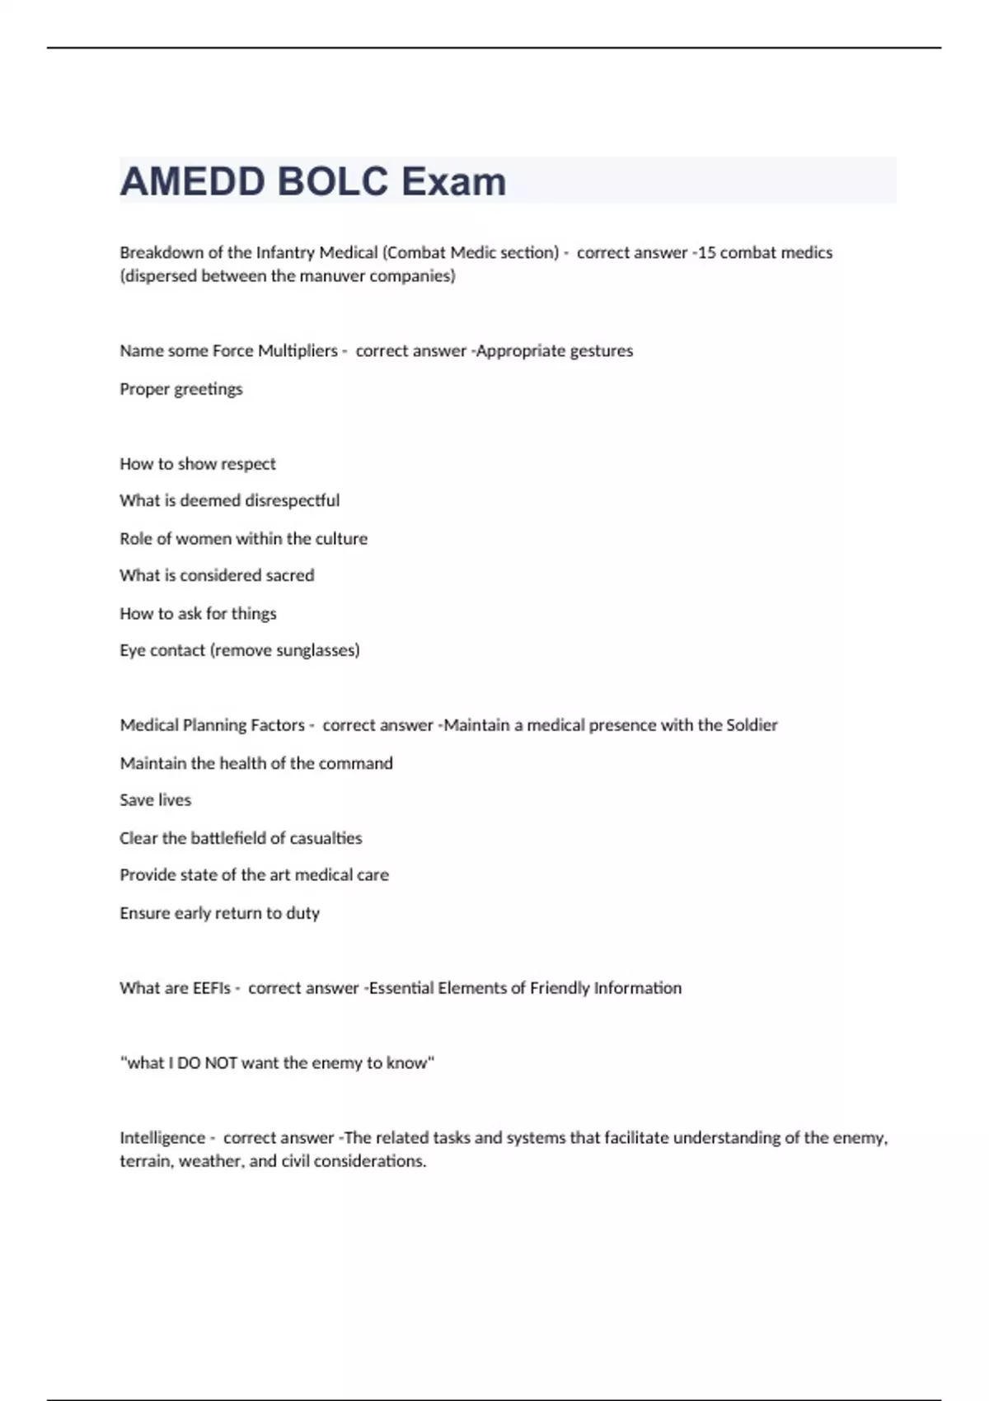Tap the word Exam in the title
tap(453, 181)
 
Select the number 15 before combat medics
tap(706, 252)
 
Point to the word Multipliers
tap(298, 350)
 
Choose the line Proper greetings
tap(181, 389)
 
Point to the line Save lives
tap(155, 799)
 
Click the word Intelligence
tap(162, 1137)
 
